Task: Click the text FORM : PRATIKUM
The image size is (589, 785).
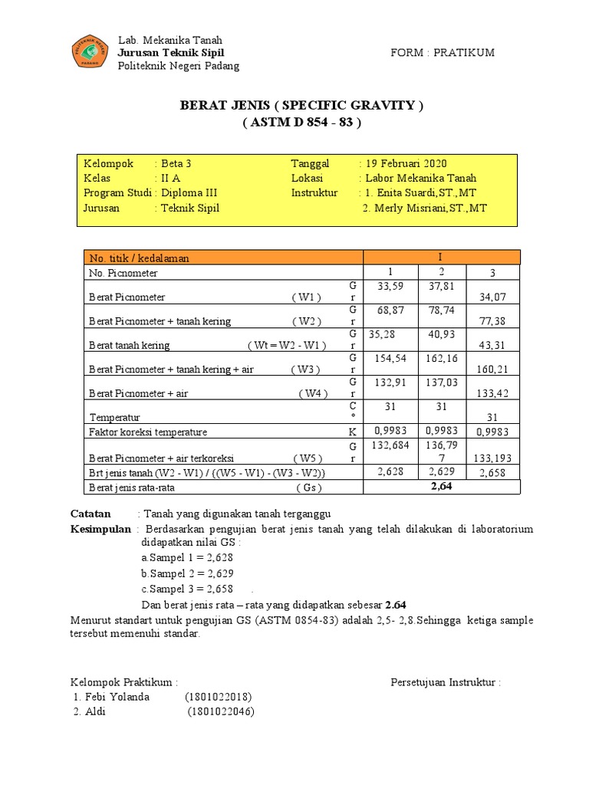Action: [443, 52]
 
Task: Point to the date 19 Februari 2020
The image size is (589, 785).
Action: [406, 164]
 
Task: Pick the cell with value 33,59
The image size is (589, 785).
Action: [390, 286]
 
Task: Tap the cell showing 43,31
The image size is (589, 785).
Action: [495, 346]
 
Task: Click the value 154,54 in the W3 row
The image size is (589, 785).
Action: [390, 358]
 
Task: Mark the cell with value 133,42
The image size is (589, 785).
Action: [495, 394]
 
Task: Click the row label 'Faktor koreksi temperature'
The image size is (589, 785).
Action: [148, 432]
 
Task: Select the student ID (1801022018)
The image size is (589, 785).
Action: [219, 697]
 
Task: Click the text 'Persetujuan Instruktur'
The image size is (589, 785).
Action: [445, 682]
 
